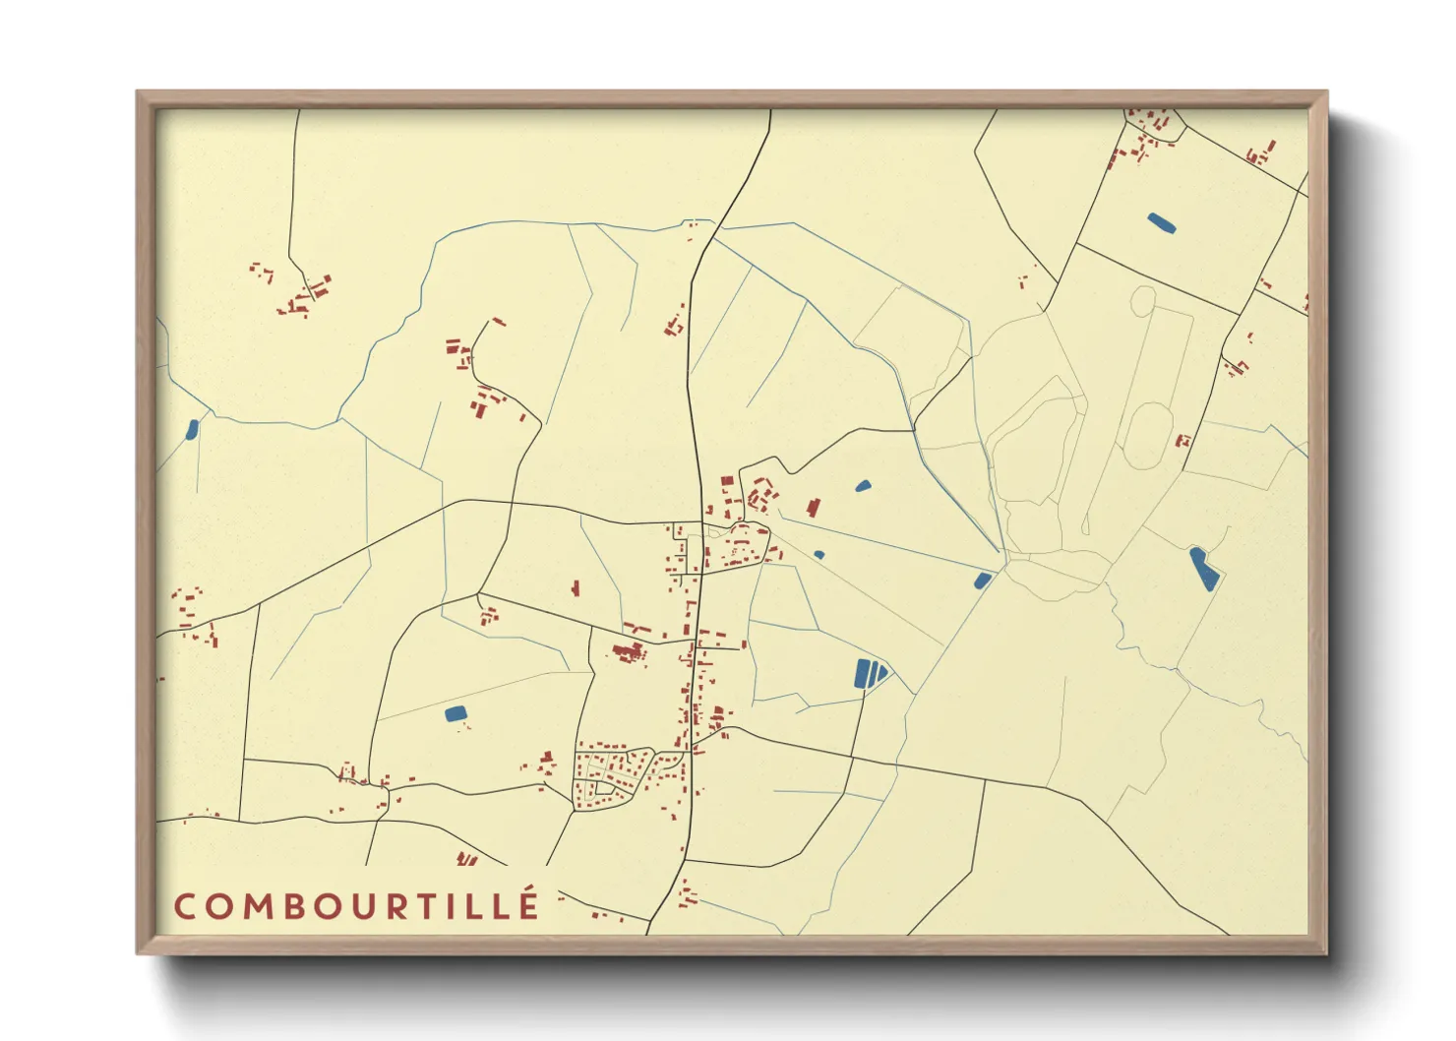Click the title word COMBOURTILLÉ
pos(356,906)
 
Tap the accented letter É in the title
pos(529,904)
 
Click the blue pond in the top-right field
pos(1161,223)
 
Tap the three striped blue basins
pos(870,674)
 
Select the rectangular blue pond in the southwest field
pos(455,713)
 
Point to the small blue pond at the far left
pos(192,429)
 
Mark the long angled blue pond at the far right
pos(1204,569)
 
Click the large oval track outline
pos(1147,436)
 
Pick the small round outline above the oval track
pos(1141,300)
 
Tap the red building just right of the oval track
pos(1183,441)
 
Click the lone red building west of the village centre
pos(576,588)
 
